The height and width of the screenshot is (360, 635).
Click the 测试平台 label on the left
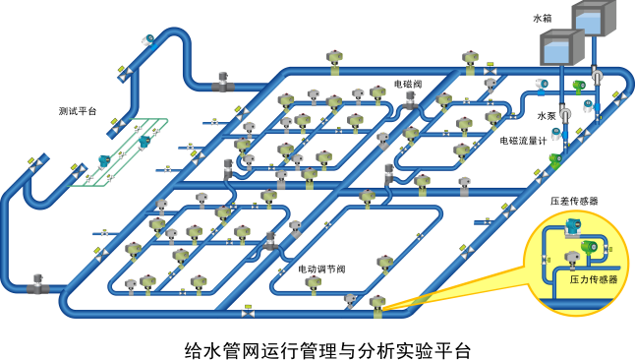coord(77,111)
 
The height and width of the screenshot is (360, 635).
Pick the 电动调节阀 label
coord(322,268)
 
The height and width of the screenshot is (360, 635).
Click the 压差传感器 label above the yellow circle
coord(575,200)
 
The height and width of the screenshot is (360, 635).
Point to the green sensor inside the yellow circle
coord(591,247)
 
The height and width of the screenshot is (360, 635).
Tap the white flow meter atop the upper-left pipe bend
coord(147,38)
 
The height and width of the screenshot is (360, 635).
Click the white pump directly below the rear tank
coord(596,75)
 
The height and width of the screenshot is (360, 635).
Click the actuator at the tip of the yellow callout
coord(378,308)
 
